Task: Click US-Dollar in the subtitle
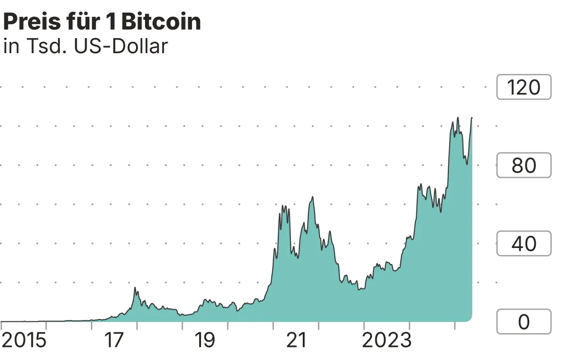[121, 47]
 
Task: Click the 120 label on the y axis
[524, 88]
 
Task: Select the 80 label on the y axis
[524, 166]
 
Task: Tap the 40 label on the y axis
[524, 244]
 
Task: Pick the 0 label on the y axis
[524, 322]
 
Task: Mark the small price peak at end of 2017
[135, 288]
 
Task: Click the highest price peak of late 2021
[312, 197]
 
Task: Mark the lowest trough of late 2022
[359, 289]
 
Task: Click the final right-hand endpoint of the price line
[472, 118]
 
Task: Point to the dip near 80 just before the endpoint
[467, 164]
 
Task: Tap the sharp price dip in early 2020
[238, 311]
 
